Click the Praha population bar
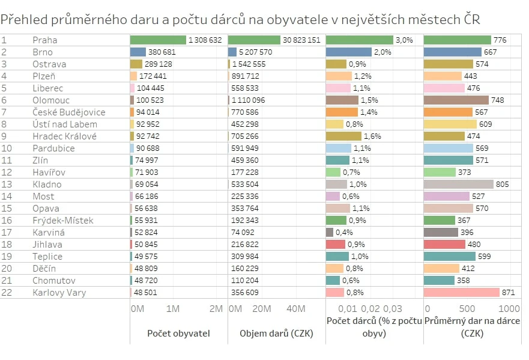pyautogui.click(x=158, y=40)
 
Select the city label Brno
pyautogui.click(x=42, y=52)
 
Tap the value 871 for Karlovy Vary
pyautogui.click(x=509, y=293)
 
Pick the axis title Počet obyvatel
pyautogui.click(x=178, y=333)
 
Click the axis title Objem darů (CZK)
pyautogui.click(x=276, y=333)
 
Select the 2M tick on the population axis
pyautogui.click(x=216, y=309)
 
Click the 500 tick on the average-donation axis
pyautogui.click(x=467, y=309)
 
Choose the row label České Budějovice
pyautogui.click(x=69, y=112)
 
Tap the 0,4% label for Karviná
pyautogui.click(x=344, y=233)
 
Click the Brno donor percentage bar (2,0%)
pyautogui.click(x=349, y=52)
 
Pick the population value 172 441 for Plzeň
pyautogui.click(x=153, y=76)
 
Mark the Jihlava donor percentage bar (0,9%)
pyautogui.click(x=336, y=245)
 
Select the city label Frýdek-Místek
pyautogui.click(x=63, y=221)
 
